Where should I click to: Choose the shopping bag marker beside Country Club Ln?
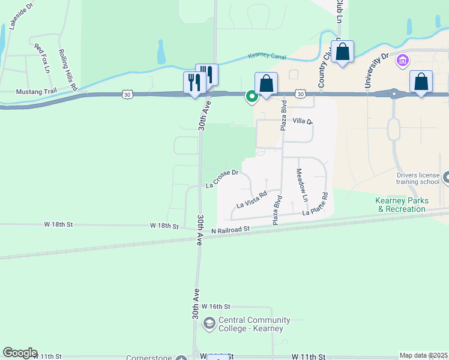coord(342,52)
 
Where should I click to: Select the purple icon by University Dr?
coord(402,61)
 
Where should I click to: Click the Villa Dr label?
coord(303,121)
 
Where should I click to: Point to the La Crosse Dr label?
coord(222,178)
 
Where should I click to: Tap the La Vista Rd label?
coord(252,200)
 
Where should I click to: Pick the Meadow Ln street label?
coord(301,184)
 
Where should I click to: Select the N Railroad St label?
coord(231,230)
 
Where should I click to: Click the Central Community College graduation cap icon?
coord(209,324)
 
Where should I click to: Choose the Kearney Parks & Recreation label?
coord(401,205)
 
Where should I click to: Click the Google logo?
coord(20,353)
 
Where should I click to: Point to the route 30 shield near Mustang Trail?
coord(126,94)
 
